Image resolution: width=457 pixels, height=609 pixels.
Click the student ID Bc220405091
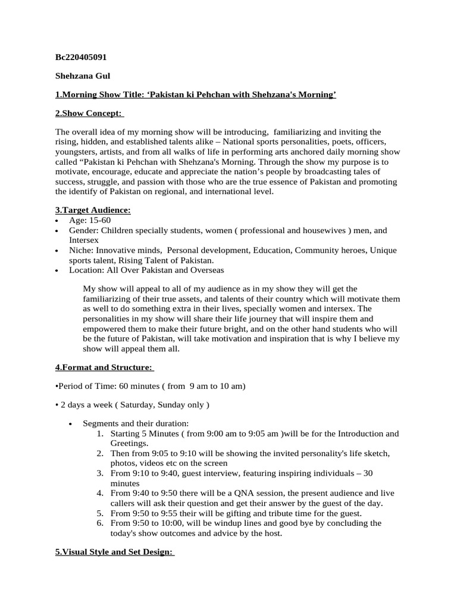[x=81, y=57]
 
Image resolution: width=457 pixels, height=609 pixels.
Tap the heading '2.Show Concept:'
[x=89, y=114]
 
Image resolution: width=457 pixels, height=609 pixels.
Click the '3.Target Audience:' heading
[x=93, y=211]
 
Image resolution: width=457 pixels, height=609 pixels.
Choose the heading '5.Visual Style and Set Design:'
[x=114, y=552]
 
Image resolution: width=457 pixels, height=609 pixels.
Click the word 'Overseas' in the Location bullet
[x=205, y=271]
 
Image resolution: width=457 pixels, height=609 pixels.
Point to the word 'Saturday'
[x=136, y=405]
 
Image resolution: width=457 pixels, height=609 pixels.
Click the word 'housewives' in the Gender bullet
[x=315, y=231]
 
